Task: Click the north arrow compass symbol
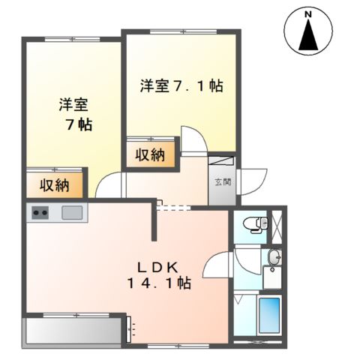(x=308, y=34)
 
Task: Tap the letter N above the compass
(x=307, y=12)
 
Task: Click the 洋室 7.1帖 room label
(x=180, y=85)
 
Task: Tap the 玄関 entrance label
(x=222, y=181)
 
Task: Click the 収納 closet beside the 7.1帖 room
(x=151, y=155)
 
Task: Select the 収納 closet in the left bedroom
(x=55, y=184)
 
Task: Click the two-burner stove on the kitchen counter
(x=39, y=213)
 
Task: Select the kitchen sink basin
(x=73, y=212)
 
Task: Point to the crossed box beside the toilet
(x=277, y=224)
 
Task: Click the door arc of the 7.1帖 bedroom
(x=191, y=139)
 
